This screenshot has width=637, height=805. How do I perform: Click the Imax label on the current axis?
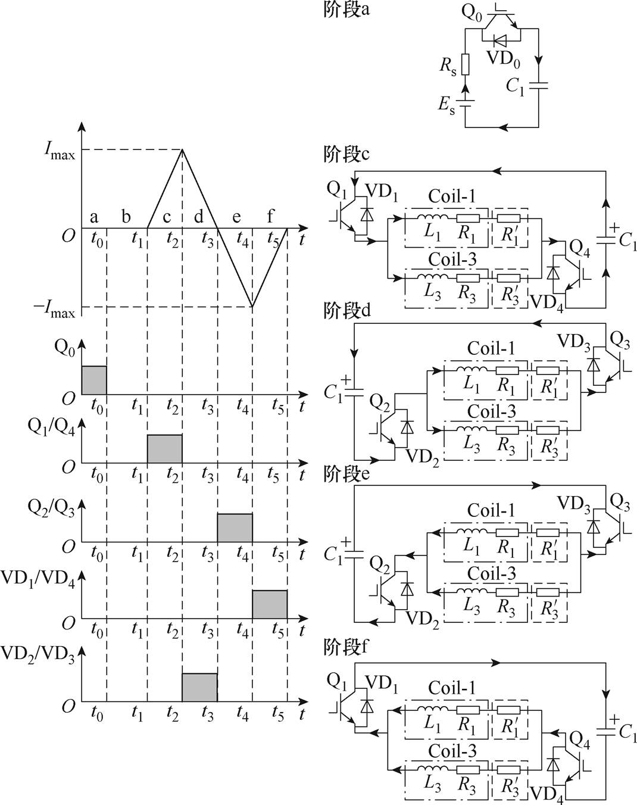pos(59,150)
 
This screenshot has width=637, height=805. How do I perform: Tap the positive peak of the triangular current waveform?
pos(182,149)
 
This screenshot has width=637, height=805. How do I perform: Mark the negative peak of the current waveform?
pos(252,307)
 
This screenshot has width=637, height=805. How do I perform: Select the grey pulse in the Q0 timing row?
pos(94,380)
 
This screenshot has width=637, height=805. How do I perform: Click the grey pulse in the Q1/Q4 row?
pos(165,448)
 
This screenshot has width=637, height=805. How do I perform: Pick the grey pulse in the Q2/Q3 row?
pos(235,527)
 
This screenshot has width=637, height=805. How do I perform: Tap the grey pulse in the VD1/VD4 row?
pos(270,604)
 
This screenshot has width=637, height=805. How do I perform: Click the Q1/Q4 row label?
pos(51,428)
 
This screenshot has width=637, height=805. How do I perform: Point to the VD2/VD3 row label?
pos(38,655)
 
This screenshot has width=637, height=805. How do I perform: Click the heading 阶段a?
pos(346,10)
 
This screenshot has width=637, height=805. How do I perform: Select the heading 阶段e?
pos(346,474)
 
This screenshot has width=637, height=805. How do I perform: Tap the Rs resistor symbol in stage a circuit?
pos(466,64)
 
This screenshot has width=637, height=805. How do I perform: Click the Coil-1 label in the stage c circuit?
pos(452,196)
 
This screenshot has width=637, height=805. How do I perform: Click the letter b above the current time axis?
pos(126,216)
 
